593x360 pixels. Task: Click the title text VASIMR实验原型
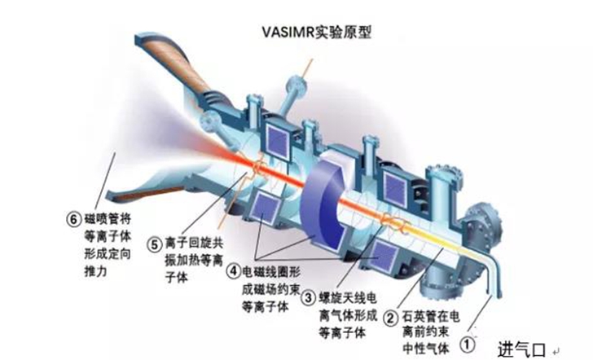[317, 32]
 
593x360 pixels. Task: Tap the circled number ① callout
[467, 344]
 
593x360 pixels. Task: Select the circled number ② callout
[392, 318]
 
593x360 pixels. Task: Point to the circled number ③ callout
[309, 298]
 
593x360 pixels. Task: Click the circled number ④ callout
[233, 270]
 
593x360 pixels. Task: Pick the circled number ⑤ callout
[154, 244]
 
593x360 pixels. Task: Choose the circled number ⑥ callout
[73, 219]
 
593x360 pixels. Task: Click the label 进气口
[521, 349]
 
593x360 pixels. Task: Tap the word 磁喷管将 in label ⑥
[108, 219]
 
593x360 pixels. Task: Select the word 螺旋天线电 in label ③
[348, 298]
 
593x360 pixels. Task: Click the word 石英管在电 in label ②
[431, 316]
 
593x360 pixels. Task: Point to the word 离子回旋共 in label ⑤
[194, 244]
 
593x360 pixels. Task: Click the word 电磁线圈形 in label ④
[271, 271]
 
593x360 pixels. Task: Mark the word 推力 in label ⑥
[95, 271]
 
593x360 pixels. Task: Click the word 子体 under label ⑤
[177, 277]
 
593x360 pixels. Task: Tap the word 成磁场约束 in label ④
[270, 289]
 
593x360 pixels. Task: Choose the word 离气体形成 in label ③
[348, 315]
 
